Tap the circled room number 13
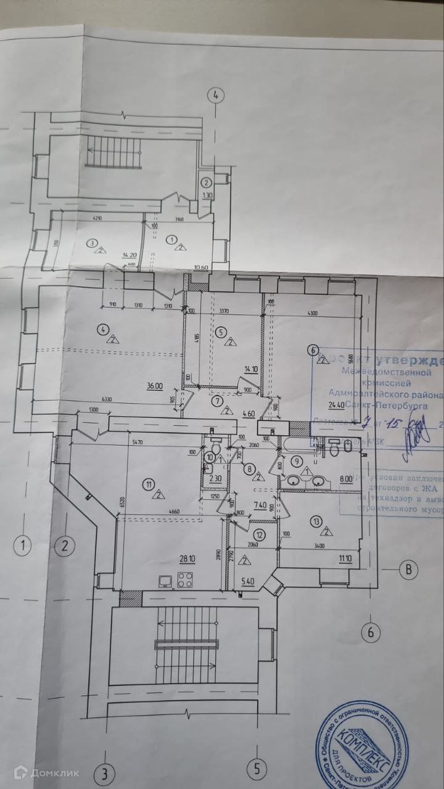[x=317, y=522]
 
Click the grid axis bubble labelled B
[x=408, y=569]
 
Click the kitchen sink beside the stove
[x=165, y=580]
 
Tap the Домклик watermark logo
[x=46, y=772]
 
